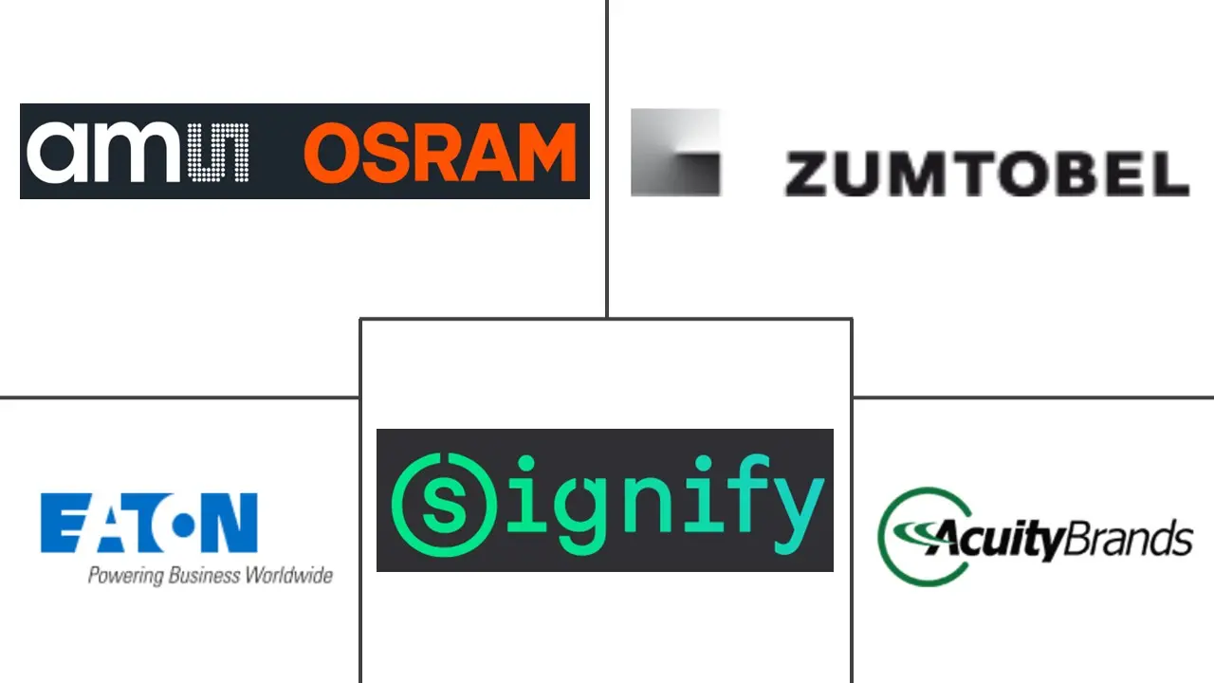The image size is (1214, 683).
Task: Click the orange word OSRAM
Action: tap(440, 153)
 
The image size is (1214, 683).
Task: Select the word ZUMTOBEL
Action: tap(986, 175)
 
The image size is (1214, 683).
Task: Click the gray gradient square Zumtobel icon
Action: tap(675, 153)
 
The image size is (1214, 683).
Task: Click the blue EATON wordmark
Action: tap(149, 523)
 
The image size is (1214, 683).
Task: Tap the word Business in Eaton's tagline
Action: tap(203, 576)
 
